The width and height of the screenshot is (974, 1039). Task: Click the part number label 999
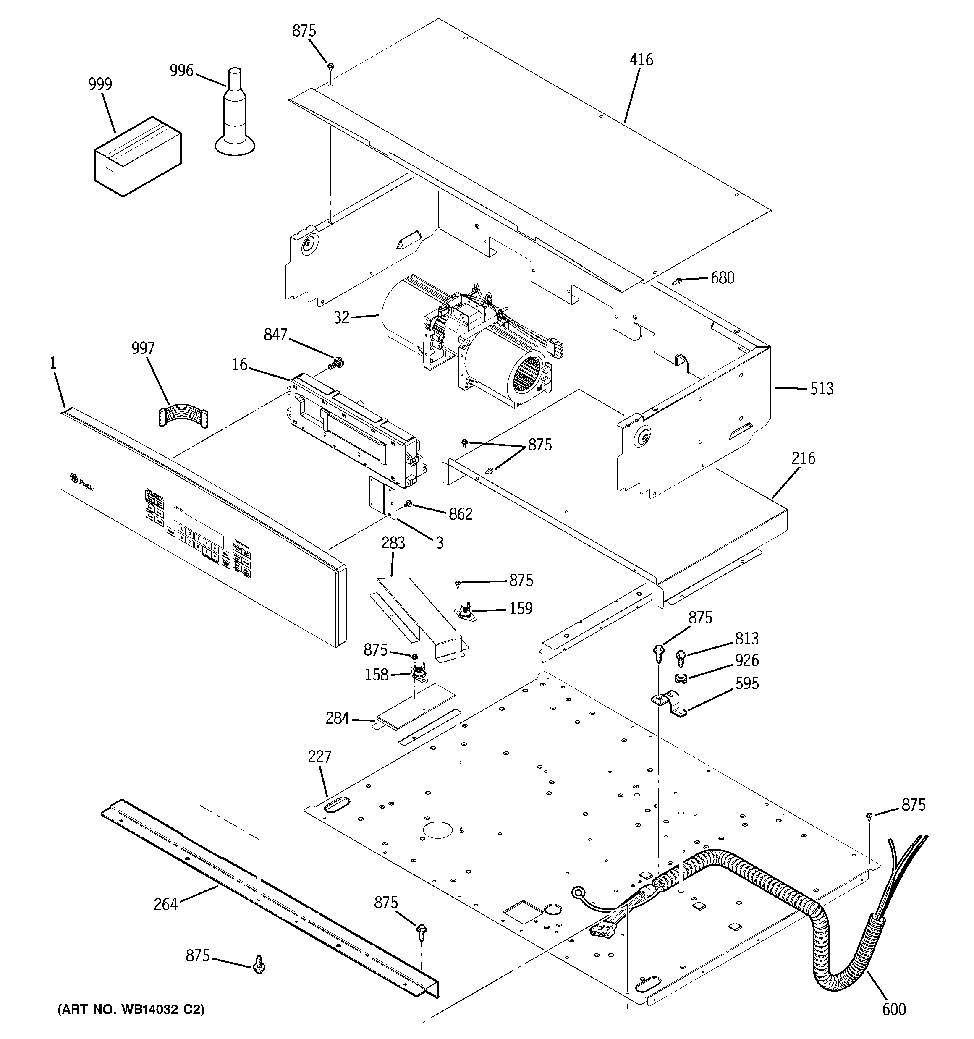100,84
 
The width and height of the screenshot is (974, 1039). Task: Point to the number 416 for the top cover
641,60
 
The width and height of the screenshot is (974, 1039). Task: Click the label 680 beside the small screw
723,278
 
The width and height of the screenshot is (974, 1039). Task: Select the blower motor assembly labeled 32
465,335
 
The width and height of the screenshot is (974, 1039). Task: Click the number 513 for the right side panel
821,388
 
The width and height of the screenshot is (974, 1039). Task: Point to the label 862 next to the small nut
461,514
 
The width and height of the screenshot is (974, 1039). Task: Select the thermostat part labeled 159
465,612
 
